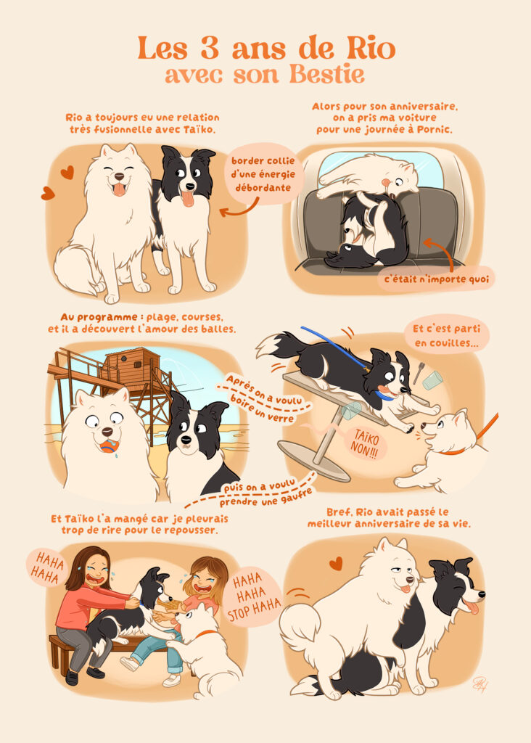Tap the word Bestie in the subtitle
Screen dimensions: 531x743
pos(327,75)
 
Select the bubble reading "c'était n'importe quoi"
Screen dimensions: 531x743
pos(436,279)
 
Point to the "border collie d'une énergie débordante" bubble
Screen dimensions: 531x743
pos(263,174)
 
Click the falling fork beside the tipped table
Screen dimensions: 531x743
pos(419,373)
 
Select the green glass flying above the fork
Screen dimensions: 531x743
pos(432,380)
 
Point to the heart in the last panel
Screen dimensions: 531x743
pos(336,563)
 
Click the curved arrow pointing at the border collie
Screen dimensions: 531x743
pos(240,208)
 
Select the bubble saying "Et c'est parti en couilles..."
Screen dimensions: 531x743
pos(445,334)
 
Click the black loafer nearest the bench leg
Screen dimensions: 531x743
pos(72,677)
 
